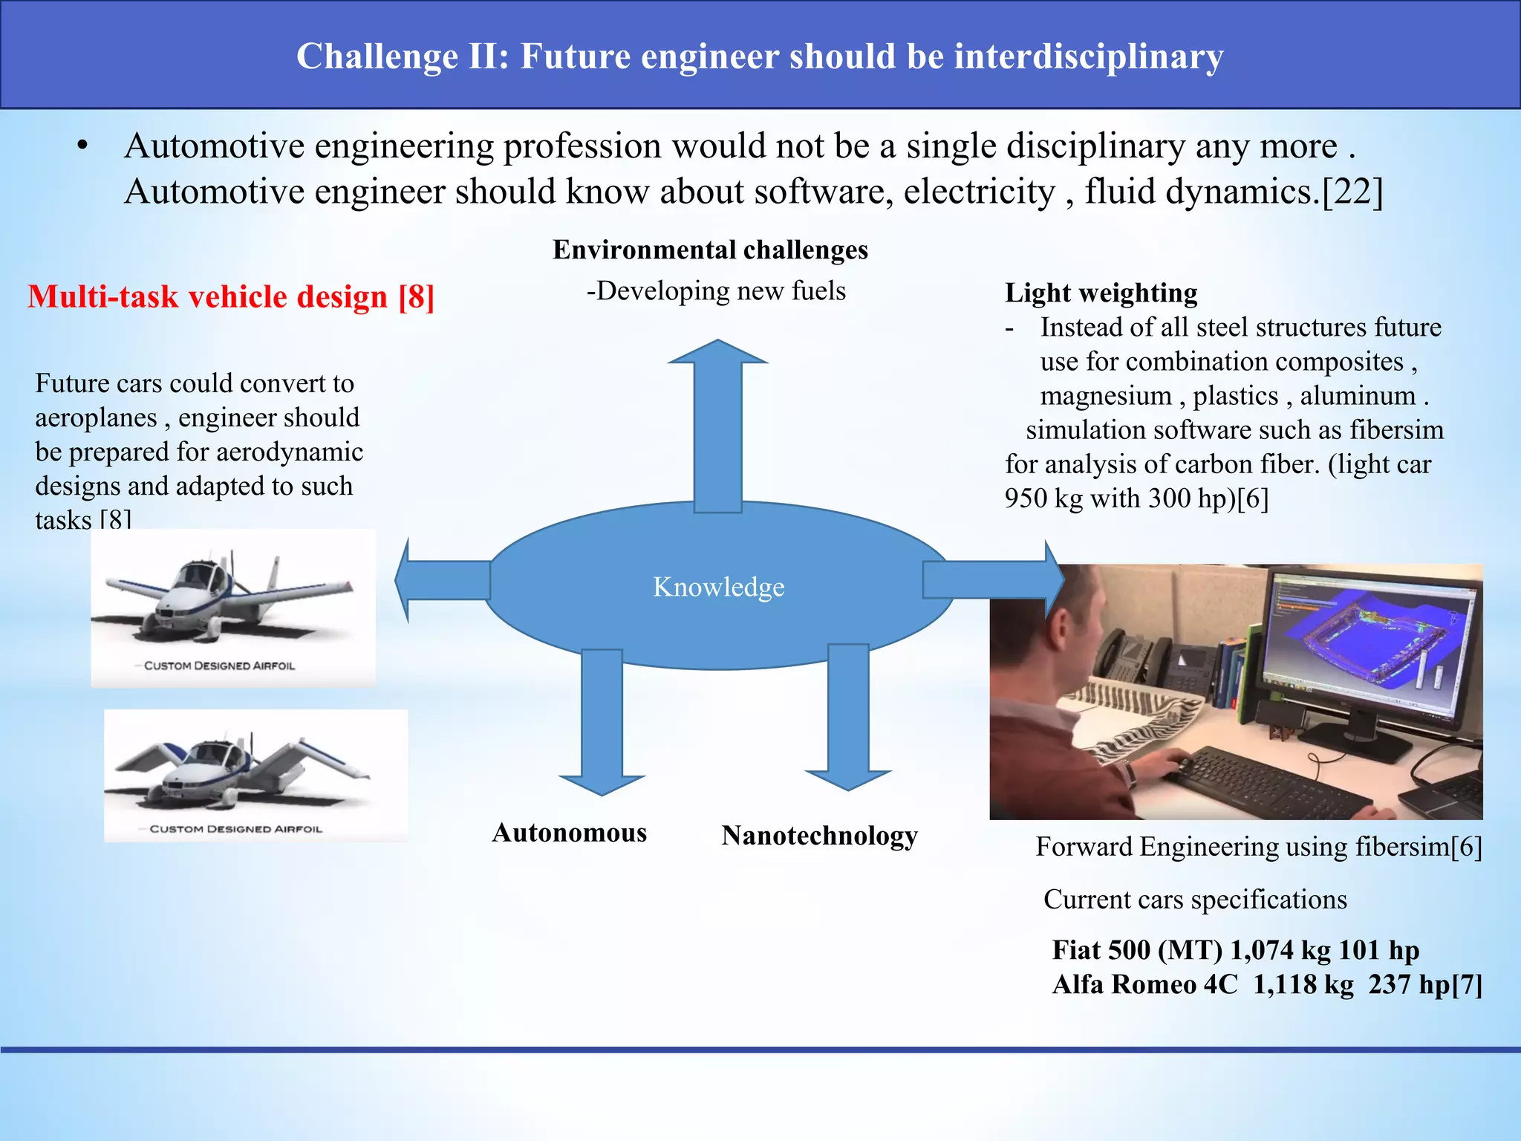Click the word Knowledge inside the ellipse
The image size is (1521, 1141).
718,587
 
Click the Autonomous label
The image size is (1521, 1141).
569,833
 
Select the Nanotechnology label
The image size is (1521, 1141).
819,836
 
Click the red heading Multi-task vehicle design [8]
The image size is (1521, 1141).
231,296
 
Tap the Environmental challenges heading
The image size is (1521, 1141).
710,250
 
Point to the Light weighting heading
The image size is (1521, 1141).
1101,293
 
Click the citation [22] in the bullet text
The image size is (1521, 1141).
1352,192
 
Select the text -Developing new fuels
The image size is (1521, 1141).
716,290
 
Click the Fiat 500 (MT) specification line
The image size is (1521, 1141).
1235,950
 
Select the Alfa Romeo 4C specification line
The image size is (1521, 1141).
1266,984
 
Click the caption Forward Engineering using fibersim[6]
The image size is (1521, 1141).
1258,847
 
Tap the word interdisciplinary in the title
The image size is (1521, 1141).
1088,56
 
